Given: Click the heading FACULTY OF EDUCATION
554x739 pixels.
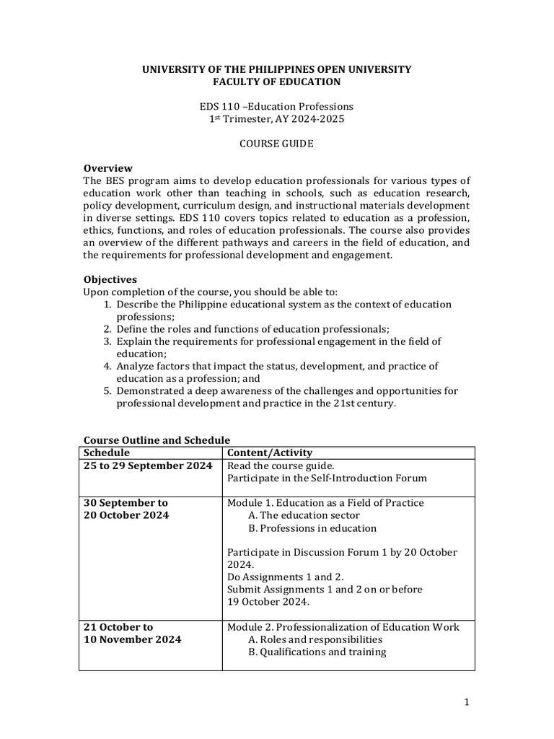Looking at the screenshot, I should pyautogui.click(x=276, y=82).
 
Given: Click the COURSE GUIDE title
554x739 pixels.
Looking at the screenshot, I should pyautogui.click(x=276, y=144).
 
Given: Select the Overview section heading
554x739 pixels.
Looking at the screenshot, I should pyautogui.click(x=108, y=167).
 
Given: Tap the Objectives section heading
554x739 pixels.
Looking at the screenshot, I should pyautogui.click(x=110, y=279).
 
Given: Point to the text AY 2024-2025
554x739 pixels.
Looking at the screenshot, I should pyautogui.click(x=307, y=118).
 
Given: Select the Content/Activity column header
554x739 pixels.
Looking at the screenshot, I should pyautogui.click(x=270, y=452).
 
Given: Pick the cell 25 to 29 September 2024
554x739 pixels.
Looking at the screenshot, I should pyautogui.click(x=148, y=465).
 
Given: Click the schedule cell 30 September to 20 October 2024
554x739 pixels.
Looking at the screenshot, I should pyautogui.click(x=126, y=509).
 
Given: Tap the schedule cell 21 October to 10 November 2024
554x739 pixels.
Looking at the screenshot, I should pyautogui.click(x=133, y=633).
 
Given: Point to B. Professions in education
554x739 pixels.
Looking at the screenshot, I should pyautogui.click(x=312, y=528).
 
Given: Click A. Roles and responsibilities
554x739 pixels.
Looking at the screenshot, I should pyautogui.click(x=315, y=639).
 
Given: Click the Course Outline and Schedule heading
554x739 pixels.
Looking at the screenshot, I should pyautogui.click(x=157, y=440).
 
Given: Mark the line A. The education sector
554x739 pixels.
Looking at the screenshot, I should pyautogui.click(x=304, y=515).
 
